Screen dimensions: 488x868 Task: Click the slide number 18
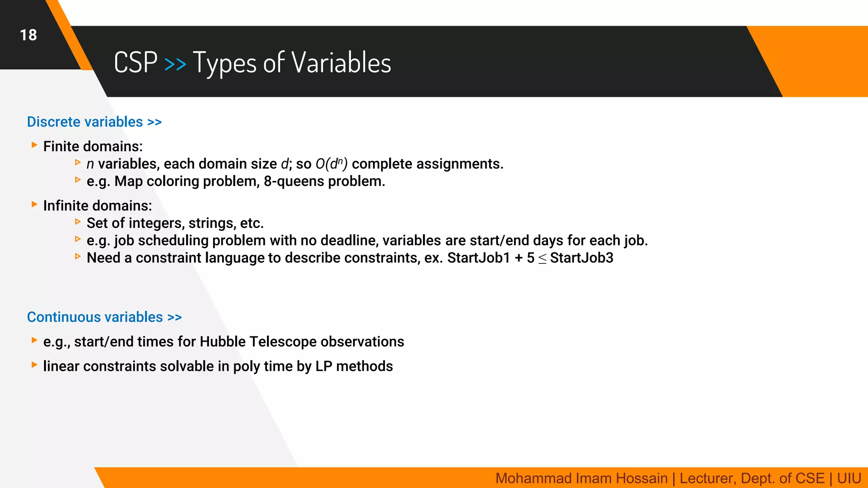pyautogui.click(x=28, y=35)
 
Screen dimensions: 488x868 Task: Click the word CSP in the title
pyautogui.click(x=136, y=63)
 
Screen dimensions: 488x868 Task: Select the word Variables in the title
pyautogui.click(x=341, y=63)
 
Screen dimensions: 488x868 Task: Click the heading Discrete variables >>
pyautogui.click(x=94, y=122)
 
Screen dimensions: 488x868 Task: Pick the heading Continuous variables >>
pyautogui.click(x=104, y=317)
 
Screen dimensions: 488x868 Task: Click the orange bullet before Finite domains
pyautogui.click(x=34, y=145)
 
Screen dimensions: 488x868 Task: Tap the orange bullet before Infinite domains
pyautogui.click(x=34, y=205)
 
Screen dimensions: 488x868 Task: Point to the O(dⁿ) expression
pyautogui.click(x=331, y=164)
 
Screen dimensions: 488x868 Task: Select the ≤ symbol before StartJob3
pyautogui.click(x=542, y=259)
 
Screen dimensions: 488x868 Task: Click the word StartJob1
pyautogui.click(x=479, y=258)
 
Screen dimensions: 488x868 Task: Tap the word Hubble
pyautogui.click(x=223, y=342)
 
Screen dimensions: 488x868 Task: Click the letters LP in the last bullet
pyautogui.click(x=324, y=366)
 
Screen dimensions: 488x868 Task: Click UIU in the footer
pyautogui.click(x=849, y=478)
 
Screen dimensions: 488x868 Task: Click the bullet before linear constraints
pyautogui.click(x=34, y=365)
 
